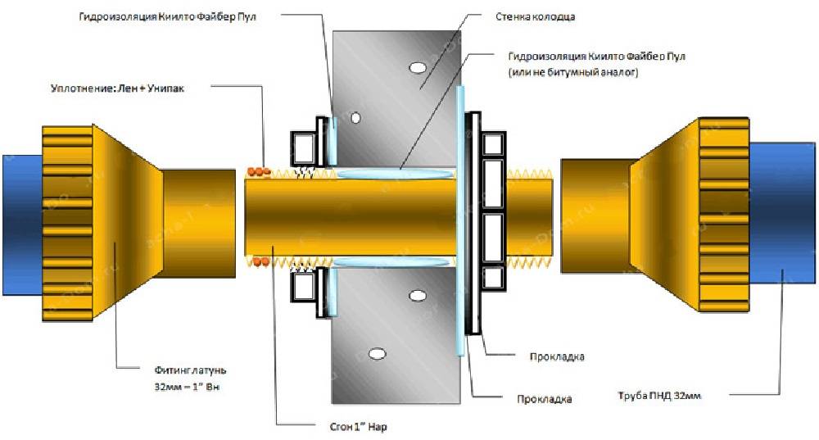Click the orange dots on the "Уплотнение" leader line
260,171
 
